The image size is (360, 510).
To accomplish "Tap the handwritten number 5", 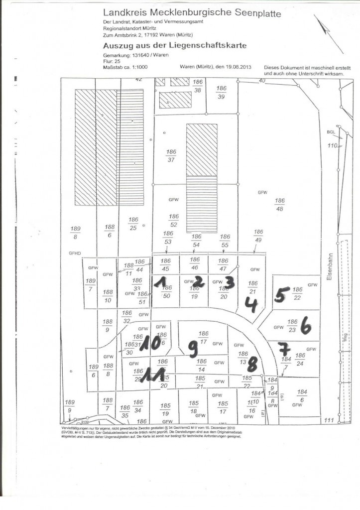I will (280, 295).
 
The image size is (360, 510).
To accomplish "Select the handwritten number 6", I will (306, 327).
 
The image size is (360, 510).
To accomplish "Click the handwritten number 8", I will (252, 365).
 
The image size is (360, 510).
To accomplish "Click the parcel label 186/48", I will (279, 204).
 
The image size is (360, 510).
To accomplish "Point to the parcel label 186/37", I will (171, 156).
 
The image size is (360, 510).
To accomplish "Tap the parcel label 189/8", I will (75, 233).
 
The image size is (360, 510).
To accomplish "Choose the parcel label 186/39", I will (222, 92).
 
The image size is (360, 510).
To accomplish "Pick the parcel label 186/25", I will (133, 224).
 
